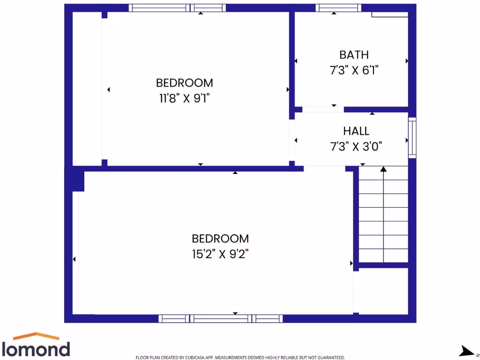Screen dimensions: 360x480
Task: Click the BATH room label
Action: (354, 55)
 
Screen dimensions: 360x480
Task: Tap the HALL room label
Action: (356, 131)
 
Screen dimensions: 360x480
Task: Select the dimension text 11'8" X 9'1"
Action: (184, 98)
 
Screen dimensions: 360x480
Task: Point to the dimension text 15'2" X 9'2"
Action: (220, 254)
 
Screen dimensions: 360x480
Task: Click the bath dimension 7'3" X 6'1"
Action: (354, 70)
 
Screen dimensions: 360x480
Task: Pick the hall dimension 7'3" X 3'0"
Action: (356, 147)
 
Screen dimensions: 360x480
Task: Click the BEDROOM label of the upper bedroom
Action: (184, 83)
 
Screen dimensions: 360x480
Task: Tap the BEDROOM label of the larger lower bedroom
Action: (220, 239)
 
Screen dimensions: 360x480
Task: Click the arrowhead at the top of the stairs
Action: (383, 169)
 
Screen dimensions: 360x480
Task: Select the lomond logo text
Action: (37, 349)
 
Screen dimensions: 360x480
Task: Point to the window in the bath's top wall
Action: (338, 8)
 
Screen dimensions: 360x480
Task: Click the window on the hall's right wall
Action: (412, 137)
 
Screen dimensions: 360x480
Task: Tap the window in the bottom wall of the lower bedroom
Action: (220, 319)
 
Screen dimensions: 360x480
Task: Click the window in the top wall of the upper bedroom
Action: (177, 8)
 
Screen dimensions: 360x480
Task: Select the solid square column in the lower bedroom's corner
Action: (78, 181)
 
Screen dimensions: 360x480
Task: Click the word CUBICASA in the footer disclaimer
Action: (190, 358)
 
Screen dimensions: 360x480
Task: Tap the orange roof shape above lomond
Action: (37, 336)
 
